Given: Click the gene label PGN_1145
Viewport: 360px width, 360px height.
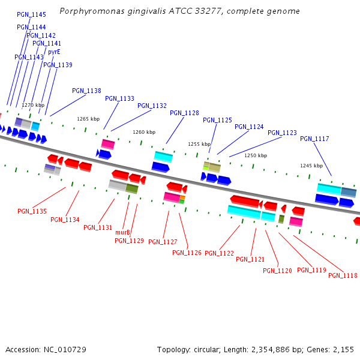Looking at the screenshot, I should (x=31, y=14).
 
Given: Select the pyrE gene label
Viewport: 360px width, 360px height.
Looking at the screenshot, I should (x=54, y=52).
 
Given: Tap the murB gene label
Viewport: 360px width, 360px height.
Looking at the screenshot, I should (x=122, y=233).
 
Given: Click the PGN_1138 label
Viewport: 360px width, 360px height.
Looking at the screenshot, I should (x=86, y=91).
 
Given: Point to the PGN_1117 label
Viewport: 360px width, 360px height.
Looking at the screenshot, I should (x=314, y=139).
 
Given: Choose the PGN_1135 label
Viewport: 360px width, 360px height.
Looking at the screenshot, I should (x=32, y=212).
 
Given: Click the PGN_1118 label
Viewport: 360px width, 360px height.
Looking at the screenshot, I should (x=343, y=276).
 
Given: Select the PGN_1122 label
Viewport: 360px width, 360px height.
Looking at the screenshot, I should (x=219, y=254).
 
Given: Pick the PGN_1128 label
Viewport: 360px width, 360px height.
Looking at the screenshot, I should (x=184, y=113).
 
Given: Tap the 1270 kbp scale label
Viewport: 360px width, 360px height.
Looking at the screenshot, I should (x=33, y=106).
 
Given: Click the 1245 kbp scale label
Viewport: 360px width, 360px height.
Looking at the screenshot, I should (x=311, y=166).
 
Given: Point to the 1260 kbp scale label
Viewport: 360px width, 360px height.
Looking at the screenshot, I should (x=144, y=132).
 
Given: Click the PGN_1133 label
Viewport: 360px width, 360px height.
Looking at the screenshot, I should (x=119, y=99).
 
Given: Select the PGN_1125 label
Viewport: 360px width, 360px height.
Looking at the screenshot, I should (x=217, y=121).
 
